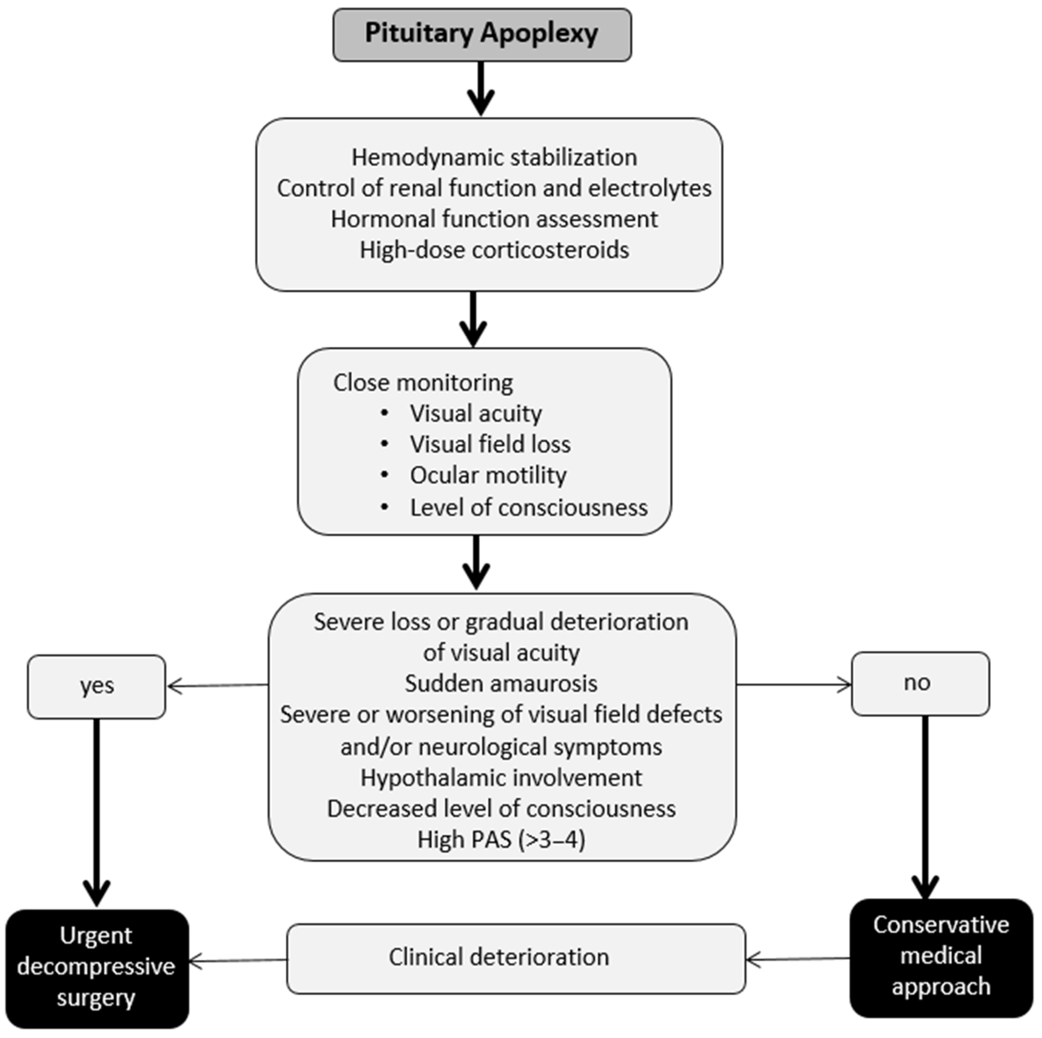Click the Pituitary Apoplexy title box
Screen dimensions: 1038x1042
[482, 34]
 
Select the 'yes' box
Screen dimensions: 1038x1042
[97, 686]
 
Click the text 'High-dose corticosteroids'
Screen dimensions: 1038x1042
[494, 250]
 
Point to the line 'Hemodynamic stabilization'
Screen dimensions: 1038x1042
[494, 158]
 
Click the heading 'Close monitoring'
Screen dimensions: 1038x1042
[423, 382]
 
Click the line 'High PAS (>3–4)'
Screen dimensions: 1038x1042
[501, 840]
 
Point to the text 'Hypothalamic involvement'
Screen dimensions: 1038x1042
[501, 777]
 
